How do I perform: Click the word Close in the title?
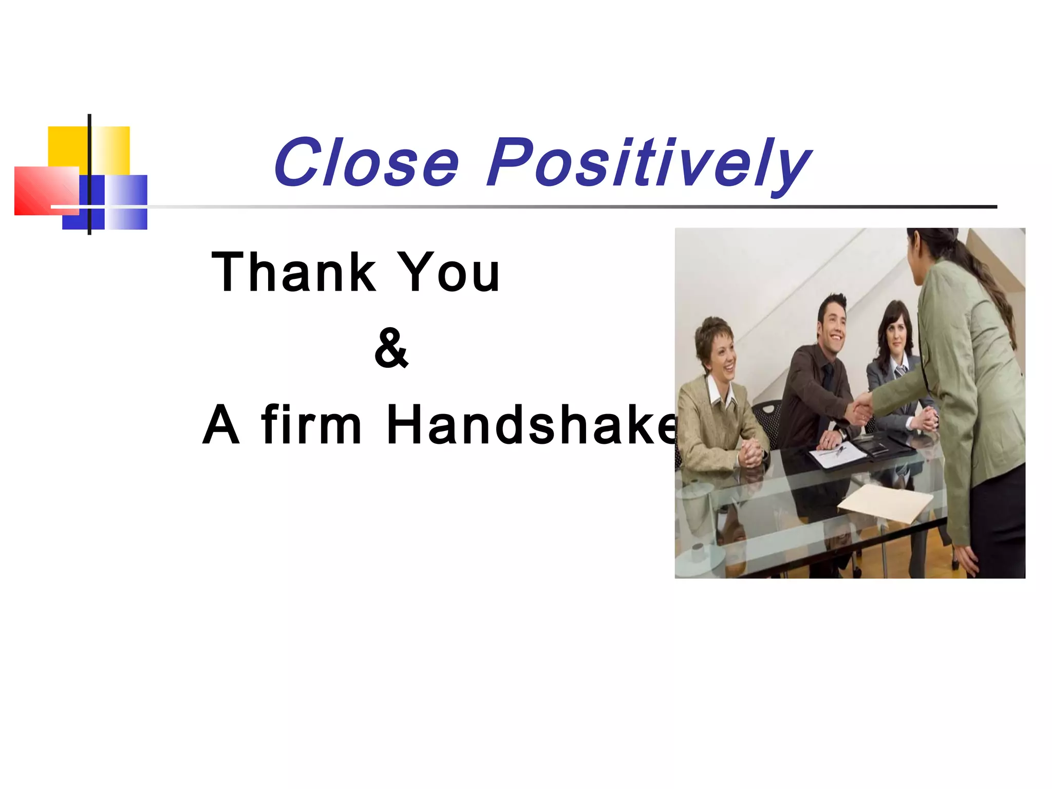366,163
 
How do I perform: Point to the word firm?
311,425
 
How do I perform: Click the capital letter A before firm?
221,425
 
